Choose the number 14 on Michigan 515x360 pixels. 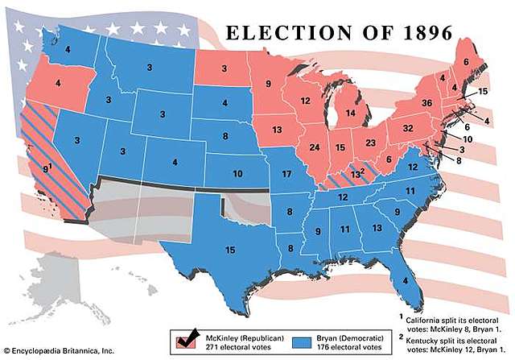pos(351,114)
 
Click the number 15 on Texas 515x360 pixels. pos(230,250)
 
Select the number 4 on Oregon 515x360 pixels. pos(57,81)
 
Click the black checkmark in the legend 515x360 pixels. pos(191,336)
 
